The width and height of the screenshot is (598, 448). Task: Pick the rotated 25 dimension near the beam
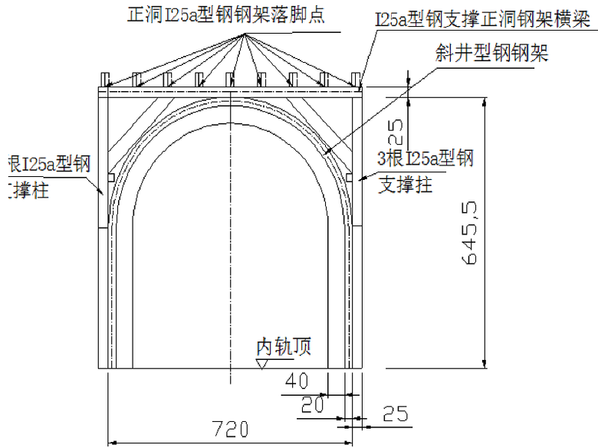396,130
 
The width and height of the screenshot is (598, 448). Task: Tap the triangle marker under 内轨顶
262,365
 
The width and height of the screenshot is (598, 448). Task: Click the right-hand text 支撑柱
406,184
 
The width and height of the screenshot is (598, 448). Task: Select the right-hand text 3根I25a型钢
426,159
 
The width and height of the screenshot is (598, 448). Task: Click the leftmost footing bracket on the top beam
107,79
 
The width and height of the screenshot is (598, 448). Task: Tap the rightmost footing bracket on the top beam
355,79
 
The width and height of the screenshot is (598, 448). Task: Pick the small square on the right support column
349,178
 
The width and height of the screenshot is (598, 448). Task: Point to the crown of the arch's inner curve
230,118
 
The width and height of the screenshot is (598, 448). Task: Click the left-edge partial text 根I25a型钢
48,163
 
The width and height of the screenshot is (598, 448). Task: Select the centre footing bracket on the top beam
230,79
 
